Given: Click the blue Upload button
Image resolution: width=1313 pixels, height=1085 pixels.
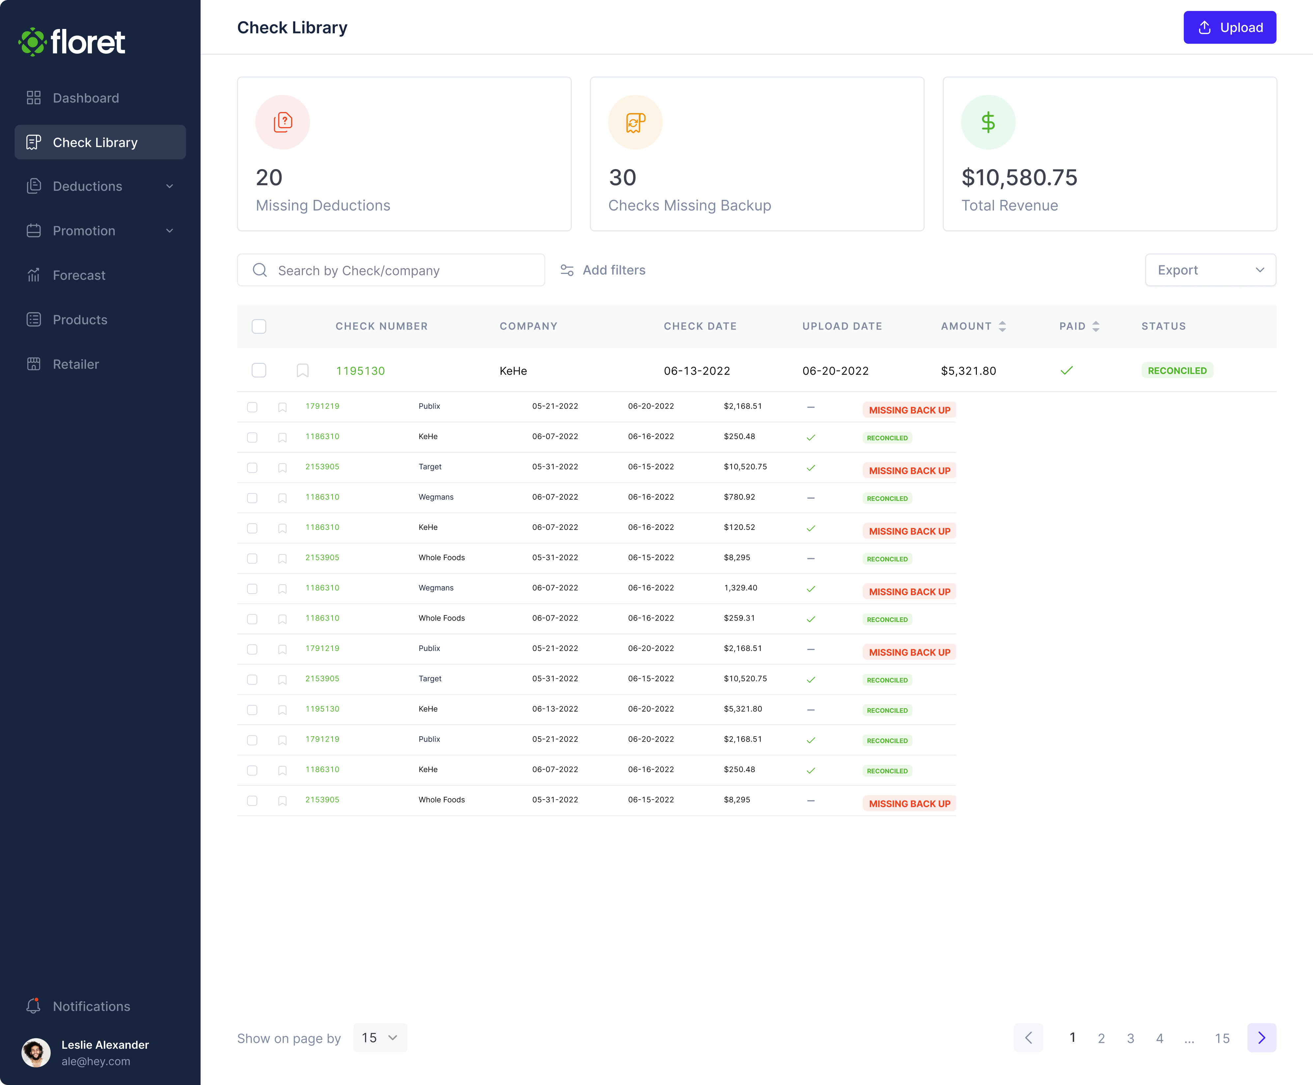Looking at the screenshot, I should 1229,27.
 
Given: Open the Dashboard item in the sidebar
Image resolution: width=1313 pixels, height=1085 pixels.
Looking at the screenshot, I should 86,98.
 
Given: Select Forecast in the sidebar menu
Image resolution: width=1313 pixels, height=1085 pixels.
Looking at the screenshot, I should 79,276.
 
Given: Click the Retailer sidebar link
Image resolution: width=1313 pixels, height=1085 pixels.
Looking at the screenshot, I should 75,365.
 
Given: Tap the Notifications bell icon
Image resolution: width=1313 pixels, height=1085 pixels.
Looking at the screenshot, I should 34,1006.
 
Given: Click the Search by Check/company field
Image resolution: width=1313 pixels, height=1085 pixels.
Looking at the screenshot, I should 391,270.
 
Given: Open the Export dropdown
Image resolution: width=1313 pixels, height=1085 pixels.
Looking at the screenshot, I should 1210,270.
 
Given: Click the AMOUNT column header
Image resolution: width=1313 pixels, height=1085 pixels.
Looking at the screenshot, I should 966,326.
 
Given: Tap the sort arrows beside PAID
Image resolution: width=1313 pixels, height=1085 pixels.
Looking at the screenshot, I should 1095,326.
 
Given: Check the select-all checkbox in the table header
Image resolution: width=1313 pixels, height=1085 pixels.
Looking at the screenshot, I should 259,326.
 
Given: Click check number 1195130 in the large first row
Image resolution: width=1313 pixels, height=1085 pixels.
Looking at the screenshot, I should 361,371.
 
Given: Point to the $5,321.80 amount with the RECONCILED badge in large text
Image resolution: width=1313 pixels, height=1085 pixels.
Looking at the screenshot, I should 968,371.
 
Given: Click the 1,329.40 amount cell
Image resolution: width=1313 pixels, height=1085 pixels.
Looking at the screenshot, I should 741,588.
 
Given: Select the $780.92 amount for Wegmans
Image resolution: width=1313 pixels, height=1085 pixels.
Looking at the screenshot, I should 739,497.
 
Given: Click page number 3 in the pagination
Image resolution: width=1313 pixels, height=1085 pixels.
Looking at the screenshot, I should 1130,1038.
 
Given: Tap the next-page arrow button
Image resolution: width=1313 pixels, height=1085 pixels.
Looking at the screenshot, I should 1261,1038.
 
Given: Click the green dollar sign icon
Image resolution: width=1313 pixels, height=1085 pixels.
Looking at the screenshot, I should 987,123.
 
